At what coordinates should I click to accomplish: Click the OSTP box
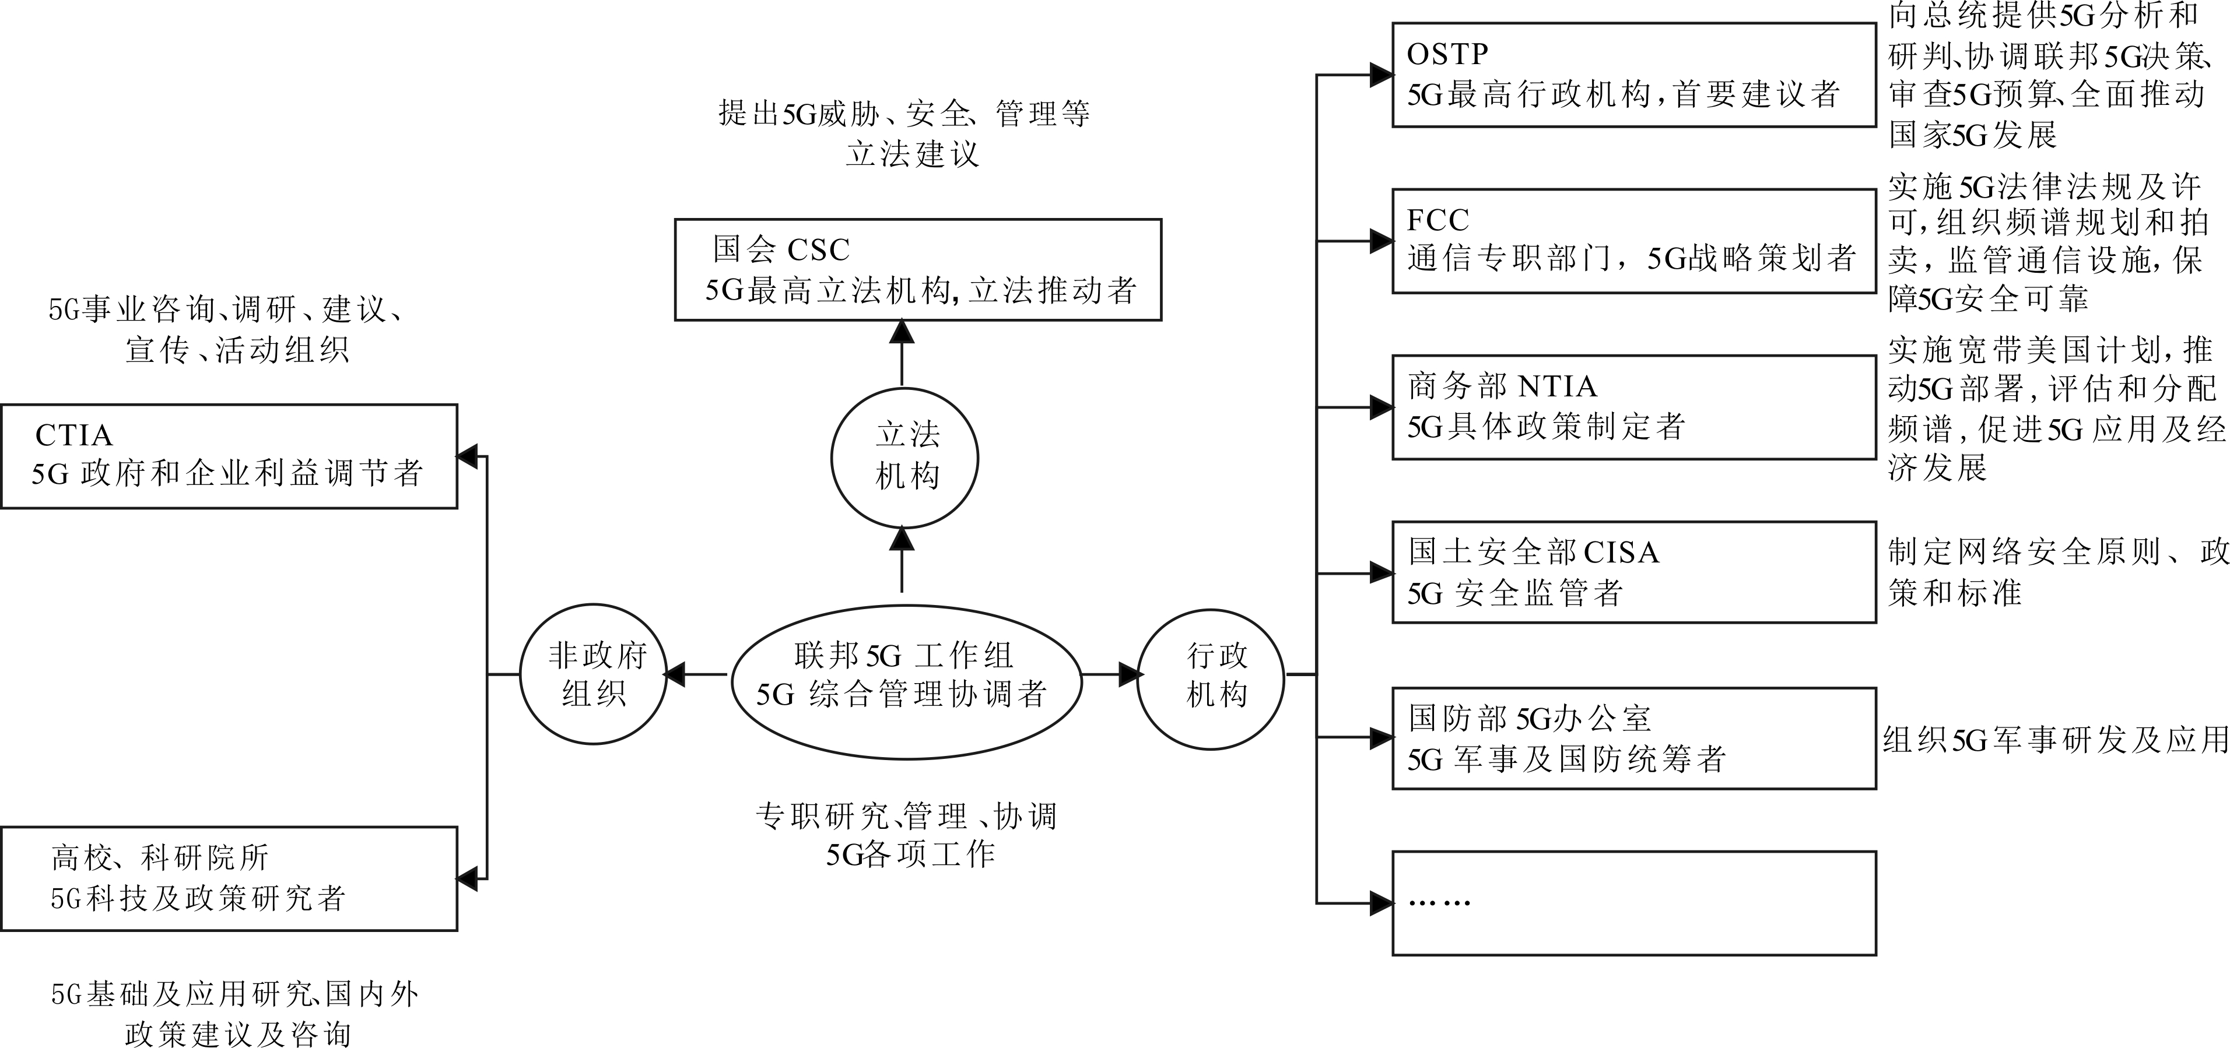pos(1633,75)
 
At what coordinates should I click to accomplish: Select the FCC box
pos(1633,241)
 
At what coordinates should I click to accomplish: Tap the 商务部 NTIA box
pos(1633,407)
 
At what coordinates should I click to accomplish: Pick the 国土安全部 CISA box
pos(1633,572)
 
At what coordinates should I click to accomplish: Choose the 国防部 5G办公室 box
pos(1633,738)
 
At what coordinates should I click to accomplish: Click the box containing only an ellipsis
pos(1633,903)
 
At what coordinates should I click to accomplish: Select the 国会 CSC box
pos(918,270)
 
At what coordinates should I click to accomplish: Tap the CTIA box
pos(229,456)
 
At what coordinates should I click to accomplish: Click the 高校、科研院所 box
pos(229,878)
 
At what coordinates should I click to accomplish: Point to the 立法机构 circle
pos(904,458)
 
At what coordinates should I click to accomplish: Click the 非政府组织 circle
pos(593,674)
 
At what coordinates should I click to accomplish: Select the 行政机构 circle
pos(1210,674)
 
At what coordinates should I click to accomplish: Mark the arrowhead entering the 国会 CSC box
pos(902,332)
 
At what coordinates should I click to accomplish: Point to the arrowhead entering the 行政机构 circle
pos(1129,674)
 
